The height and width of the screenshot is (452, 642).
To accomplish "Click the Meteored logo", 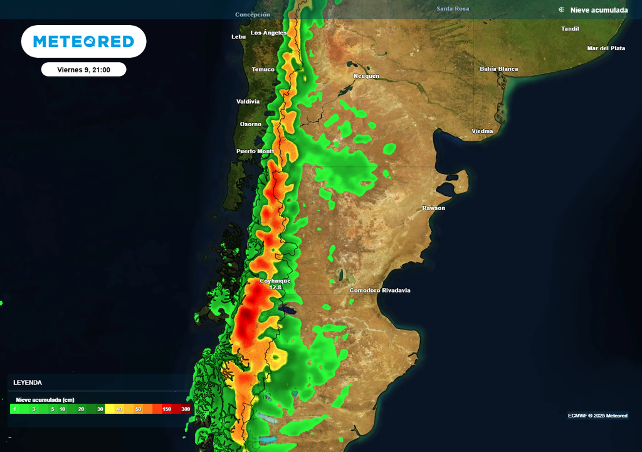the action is [x=83, y=41].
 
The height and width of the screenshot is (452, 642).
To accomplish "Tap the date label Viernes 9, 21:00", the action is [x=83, y=70].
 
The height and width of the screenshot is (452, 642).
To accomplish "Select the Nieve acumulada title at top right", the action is [x=599, y=10].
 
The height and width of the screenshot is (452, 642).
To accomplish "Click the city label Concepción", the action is [x=253, y=14].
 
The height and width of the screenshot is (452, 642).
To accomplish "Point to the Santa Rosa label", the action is [x=453, y=9].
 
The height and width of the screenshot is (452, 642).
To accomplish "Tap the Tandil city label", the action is [x=570, y=29].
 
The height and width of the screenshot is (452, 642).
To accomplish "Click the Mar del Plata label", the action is [x=606, y=48].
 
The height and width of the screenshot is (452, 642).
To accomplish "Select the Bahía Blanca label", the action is [x=499, y=68].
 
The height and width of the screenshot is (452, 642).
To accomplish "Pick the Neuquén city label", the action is [x=367, y=76].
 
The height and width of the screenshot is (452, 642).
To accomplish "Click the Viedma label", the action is [x=482, y=131].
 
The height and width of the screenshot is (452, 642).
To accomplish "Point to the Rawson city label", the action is [x=433, y=208].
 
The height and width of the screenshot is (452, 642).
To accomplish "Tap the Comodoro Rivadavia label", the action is [x=380, y=290].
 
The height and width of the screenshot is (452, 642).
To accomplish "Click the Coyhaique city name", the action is [x=275, y=281].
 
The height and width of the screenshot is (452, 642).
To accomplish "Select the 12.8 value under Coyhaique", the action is [x=275, y=288].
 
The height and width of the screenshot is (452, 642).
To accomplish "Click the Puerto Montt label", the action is [x=255, y=151].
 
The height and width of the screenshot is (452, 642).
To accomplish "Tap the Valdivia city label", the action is [x=248, y=101].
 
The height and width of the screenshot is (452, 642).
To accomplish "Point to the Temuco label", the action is [x=263, y=69].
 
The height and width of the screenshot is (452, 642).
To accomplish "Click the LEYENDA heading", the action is [x=28, y=382].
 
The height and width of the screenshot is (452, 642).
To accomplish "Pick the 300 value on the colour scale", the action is [x=186, y=409].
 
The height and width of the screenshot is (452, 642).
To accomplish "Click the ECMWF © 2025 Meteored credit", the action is [x=597, y=416].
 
